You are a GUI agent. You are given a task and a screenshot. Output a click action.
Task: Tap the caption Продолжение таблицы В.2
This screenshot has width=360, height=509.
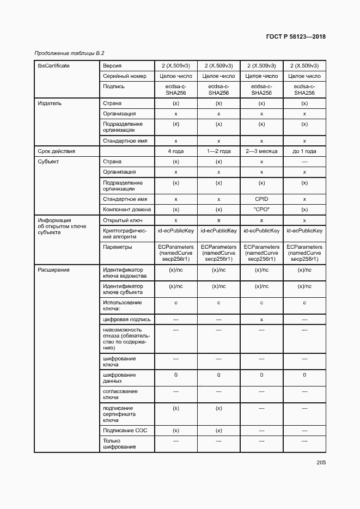tap(69, 53)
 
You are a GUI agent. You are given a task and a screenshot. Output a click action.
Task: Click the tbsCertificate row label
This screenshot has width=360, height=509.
tap(53, 66)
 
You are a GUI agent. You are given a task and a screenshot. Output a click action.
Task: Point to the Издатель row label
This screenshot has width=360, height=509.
tap(49, 103)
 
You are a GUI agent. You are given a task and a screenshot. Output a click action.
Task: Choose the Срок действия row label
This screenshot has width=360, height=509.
tap(56, 151)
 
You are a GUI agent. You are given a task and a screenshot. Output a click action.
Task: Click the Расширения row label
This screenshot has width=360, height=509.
tap(53, 269)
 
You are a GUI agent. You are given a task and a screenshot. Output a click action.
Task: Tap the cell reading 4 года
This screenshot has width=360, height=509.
tap(176, 151)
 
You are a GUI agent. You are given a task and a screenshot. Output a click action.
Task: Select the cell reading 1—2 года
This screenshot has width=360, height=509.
tap(218, 151)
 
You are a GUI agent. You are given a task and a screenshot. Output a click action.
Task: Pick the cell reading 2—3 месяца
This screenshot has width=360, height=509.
tap(261, 151)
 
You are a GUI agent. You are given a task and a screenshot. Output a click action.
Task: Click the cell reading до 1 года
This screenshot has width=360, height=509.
tap(304, 151)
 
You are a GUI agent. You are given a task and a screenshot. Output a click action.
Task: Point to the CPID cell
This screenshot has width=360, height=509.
tap(261, 199)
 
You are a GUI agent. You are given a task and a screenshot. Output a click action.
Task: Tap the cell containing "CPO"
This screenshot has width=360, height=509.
tap(261, 210)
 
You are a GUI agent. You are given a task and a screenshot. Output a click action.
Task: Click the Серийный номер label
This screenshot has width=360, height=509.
tap(125, 76)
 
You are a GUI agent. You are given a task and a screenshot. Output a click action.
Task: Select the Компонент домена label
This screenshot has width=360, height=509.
tap(127, 210)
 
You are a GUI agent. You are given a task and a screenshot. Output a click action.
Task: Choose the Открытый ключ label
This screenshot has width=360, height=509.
tap(123, 220)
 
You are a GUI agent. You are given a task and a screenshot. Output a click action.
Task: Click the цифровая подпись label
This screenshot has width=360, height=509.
tap(127, 320)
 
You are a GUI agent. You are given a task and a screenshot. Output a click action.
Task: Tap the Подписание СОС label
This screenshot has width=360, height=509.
tap(125, 431)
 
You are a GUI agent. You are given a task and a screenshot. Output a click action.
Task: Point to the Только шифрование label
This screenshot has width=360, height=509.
tap(120, 444)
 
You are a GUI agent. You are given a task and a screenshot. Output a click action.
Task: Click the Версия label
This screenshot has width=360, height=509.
tap(113, 66)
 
